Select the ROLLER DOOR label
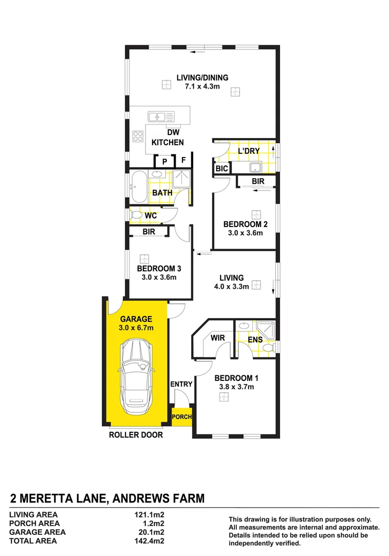point(136,435)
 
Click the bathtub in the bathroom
point(138,187)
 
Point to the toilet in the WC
point(137,214)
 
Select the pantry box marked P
point(164,161)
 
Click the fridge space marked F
point(183,161)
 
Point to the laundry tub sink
point(254,167)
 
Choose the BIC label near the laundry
point(221,168)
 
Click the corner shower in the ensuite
point(267,328)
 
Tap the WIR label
point(217,338)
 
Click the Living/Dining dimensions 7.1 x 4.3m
point(202,86)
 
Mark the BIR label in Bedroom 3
point(149,232)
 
